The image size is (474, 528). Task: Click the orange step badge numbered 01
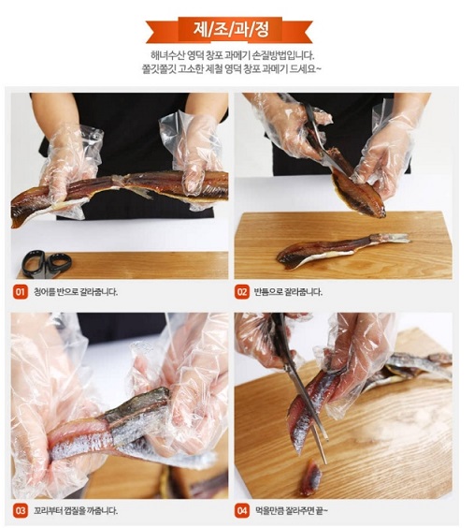pyautogui.click(x=21, y=291)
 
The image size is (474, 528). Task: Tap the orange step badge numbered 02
pyautogui.click(x=242, y=291)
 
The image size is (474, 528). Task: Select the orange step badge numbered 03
pyautogui.click(x=21, y=510)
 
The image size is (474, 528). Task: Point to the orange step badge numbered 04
pyautogui.click(x=242, y=510)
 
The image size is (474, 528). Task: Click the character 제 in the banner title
pyautogui.click(x=201, y=30)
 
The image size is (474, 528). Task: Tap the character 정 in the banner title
pyautogui.click(x=261, y=30)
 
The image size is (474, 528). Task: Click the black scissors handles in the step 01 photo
pyautogui.click(x=47, y=263)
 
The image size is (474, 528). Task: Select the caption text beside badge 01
pyautogui.click(x=76, y=291)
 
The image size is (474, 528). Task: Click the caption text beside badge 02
pyautogui.click(x=288, y=291)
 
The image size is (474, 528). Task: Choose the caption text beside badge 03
pyautogui.click(x=76, y=510)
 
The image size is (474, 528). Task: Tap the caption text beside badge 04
pyautogui.click(x=292, y=510)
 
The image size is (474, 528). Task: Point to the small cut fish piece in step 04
pyautogui.click(x=311, y=478)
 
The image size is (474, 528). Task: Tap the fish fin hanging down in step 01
pyautogui.click(x=139, y=192)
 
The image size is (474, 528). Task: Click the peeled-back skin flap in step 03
pyautogui.click(x=137, y=405)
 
